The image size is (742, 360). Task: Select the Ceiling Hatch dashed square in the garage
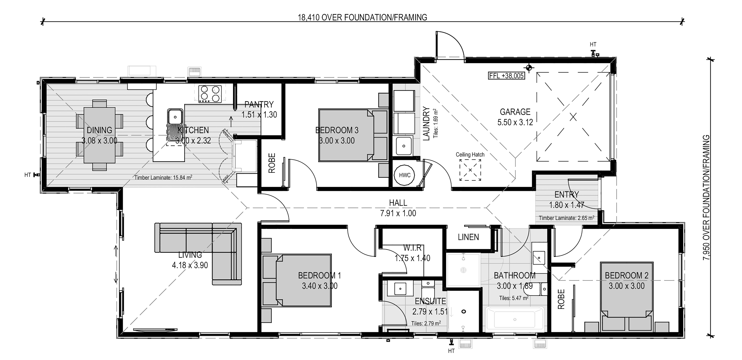coord(470,170)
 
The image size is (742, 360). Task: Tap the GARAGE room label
coord(515,112)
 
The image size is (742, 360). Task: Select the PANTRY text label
coord(259,104)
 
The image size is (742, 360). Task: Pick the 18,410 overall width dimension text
coord(362,18)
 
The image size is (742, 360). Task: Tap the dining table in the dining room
coord(99,135)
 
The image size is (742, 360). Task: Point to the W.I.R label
coord(412,248)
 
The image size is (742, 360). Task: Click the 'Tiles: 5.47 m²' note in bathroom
coord(514,298)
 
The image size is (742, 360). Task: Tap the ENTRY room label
coord(567,195)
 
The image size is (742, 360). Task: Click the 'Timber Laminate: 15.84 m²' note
coord(163,177)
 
